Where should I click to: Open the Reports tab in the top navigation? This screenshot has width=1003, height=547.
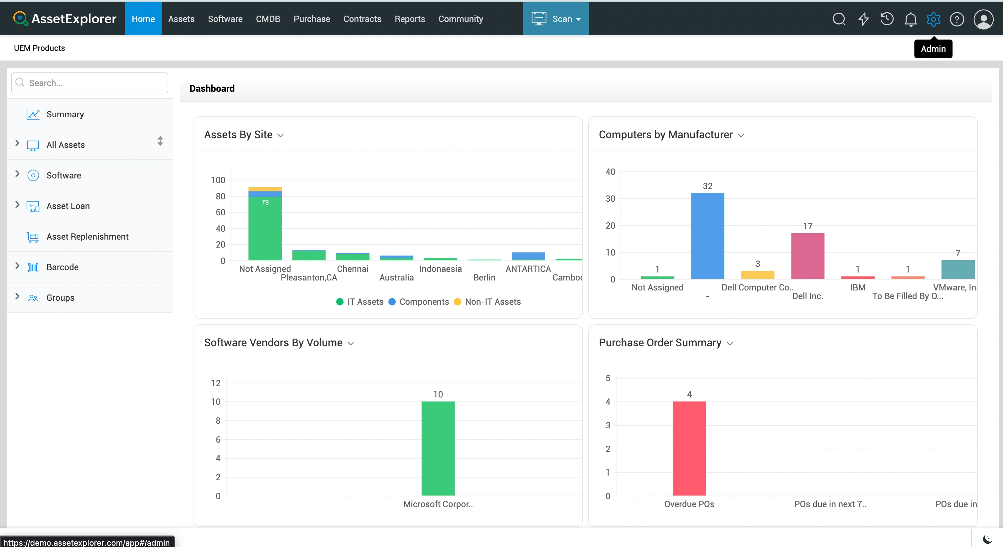410,19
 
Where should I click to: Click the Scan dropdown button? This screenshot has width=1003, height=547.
556,19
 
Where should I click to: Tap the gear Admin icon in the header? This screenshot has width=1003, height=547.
933,19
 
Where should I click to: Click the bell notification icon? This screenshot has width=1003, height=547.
910,19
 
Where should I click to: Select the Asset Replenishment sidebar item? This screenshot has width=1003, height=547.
87,237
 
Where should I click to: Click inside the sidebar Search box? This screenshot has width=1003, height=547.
90,83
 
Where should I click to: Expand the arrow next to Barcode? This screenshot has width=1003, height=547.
17,266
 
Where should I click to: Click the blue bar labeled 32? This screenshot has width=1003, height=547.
707,236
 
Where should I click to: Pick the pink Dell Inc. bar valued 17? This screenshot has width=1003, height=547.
807,256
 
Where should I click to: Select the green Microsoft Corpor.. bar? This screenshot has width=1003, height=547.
438,449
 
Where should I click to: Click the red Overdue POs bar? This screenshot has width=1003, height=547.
689,449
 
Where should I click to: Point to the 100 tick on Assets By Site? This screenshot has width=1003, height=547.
218,180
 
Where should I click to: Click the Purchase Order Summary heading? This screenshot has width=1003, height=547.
660,343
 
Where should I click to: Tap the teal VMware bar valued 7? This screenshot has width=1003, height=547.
958,270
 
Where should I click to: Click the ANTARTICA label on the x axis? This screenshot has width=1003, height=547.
528,269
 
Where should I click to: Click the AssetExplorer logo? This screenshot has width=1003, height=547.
65,19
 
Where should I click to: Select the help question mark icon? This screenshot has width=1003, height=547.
957,19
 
